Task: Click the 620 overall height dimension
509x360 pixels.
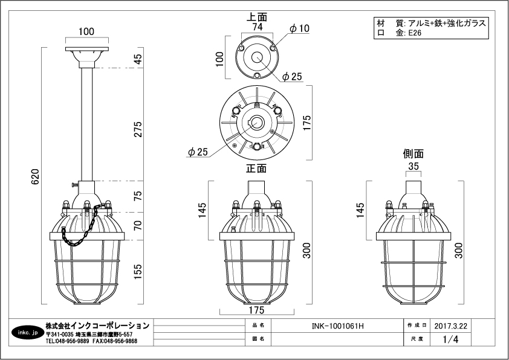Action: [35, 176]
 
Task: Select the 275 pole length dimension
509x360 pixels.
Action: [138, 130]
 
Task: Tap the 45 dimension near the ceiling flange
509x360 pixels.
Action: [138, 59]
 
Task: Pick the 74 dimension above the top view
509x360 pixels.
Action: [257, 27]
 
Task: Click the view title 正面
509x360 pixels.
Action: [256, 169]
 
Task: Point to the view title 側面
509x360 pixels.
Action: [413, 153]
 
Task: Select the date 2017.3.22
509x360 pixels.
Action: [452, 326]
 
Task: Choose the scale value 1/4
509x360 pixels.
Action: [451, 339]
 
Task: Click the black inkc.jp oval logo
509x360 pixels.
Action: [27, 333]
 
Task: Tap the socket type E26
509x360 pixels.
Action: [415, 34]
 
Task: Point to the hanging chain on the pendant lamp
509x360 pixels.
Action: [79, 230]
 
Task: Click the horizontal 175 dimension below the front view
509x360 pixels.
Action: [256, 310]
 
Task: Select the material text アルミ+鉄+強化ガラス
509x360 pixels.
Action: [447, 23]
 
